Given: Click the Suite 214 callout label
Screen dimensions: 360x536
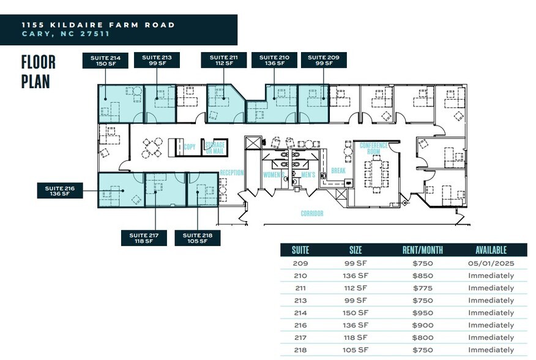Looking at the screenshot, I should point(105,60).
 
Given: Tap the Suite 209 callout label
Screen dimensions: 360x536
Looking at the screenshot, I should point(324,60).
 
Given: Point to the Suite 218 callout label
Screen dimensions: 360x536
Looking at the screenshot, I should point(198,238).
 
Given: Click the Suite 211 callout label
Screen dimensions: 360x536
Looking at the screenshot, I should point(223,60).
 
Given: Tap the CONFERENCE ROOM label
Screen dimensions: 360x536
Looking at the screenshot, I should point(374,148).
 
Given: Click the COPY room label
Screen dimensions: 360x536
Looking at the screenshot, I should point(190,148).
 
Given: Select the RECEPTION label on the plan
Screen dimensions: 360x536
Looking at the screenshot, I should point(232,173).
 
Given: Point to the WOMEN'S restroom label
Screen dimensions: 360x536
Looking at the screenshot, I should point(273,175).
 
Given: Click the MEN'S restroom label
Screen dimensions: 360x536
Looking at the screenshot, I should point(308,175).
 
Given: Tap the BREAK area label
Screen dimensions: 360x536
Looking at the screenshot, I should point(338,170).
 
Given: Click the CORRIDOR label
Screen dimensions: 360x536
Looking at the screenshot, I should point(311,214).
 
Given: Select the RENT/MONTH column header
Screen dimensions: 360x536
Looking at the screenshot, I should point(422,250).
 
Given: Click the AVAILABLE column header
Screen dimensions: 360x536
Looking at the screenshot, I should point(491,250).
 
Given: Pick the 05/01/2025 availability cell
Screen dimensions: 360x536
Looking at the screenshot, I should point(491,263).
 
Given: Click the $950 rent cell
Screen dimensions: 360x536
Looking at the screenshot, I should point(422,313).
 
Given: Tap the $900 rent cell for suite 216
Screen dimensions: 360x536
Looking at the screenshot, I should point(422,325).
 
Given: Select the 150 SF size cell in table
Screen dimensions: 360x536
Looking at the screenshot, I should point(355,313).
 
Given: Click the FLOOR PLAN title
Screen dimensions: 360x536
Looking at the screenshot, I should point(38,71).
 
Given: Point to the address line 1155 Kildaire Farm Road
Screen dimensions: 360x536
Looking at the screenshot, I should point(98,25).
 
